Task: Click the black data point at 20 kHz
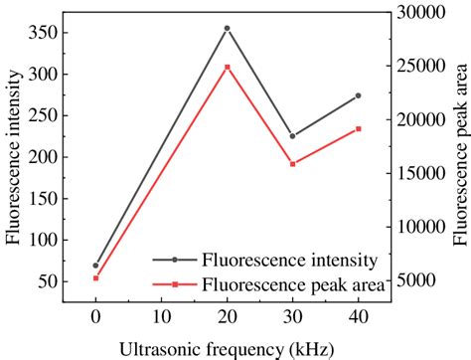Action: pyautogui.click(x=227, y=29)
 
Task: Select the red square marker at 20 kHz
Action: pyautogui.click(x=227, y=68)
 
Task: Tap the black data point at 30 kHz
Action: pyautogui.click(x=292, y=136)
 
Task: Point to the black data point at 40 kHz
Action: pyautogui.click(x=358, y=95)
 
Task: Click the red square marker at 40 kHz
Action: pyautogui.click(x=358, y=129)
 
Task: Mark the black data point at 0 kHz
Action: pyautogui.click(x=95, y=266)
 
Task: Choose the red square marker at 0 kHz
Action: pyautogui.click(x=95, y=278)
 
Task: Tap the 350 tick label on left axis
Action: pyautogui.click(x=45, y=33)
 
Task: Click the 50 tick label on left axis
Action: pyautogui.click(x=49, y=281)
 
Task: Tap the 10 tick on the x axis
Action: pyautogui.click(x=161, y=317)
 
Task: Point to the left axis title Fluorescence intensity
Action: pyautogui.click(x=13, y=159)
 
